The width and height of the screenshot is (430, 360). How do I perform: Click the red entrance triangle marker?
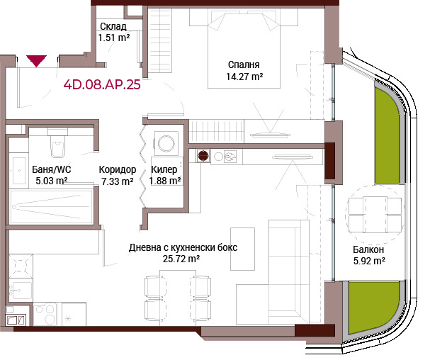(x=36, y=61)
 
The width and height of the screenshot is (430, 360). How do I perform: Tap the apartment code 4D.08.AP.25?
(x=102, y=84)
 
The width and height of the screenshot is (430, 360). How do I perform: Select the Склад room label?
(x=113, y=26)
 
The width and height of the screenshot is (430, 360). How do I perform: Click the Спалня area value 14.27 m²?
(x=244, y=77)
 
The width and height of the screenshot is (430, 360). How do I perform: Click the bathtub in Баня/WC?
(x=51, y=206)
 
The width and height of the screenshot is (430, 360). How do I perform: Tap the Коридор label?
(x=118, y=170)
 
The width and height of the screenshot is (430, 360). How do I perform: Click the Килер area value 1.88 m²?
(x=165, y=181)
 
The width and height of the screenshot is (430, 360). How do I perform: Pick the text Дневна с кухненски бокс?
(x=183, y=247)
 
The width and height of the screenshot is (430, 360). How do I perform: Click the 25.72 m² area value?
(x=181, y=259)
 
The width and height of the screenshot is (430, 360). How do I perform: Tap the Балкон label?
(x=368, y=249)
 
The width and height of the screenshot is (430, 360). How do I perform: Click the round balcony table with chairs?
(x=375, y=215)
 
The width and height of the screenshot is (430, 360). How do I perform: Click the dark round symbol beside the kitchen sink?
(x=203, y=156)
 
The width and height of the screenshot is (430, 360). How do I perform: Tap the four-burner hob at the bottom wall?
(x=45, y=314)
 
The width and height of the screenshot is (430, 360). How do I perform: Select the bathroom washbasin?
(x=19, y=170)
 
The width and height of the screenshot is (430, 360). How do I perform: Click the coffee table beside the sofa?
(x=242, y=249)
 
